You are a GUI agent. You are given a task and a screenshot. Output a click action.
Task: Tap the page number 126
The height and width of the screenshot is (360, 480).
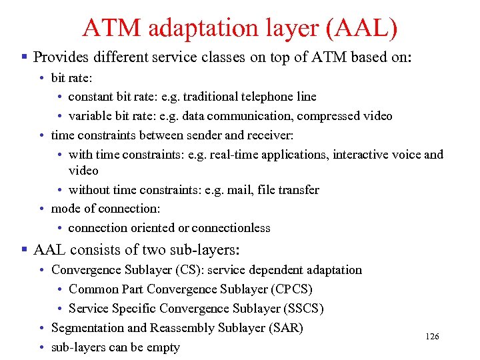(x=432, y=337)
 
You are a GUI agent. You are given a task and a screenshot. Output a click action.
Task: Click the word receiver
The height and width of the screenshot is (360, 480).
(x=270, y=135)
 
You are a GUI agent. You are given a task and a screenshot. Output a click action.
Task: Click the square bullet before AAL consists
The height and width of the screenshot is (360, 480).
(x=24, y=251)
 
